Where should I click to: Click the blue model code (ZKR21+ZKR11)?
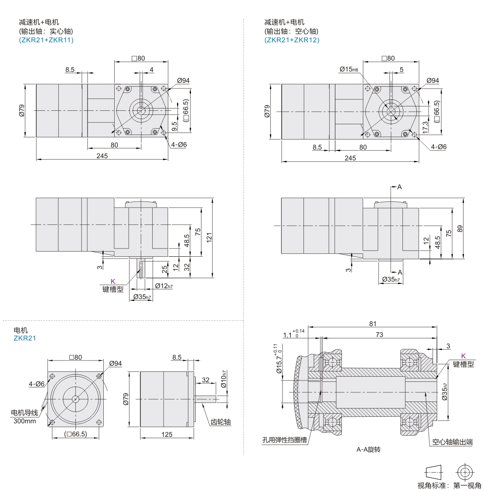click(x=46, y=40)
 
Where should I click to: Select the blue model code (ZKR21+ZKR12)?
click(x=292, y=40)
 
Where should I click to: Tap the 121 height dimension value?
click(x=209, y=237)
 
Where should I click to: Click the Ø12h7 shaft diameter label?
click(x=164, y=286)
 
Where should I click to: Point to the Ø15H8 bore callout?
click(x=349, y=69)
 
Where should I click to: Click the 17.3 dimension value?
click(x=425, y=127)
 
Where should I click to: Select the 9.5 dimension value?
click(x=174, y=126)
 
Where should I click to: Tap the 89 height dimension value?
click(x=460, y=229)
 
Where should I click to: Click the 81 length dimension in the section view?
click(x=373, y=324)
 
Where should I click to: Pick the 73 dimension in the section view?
click(x=379, y=335)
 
